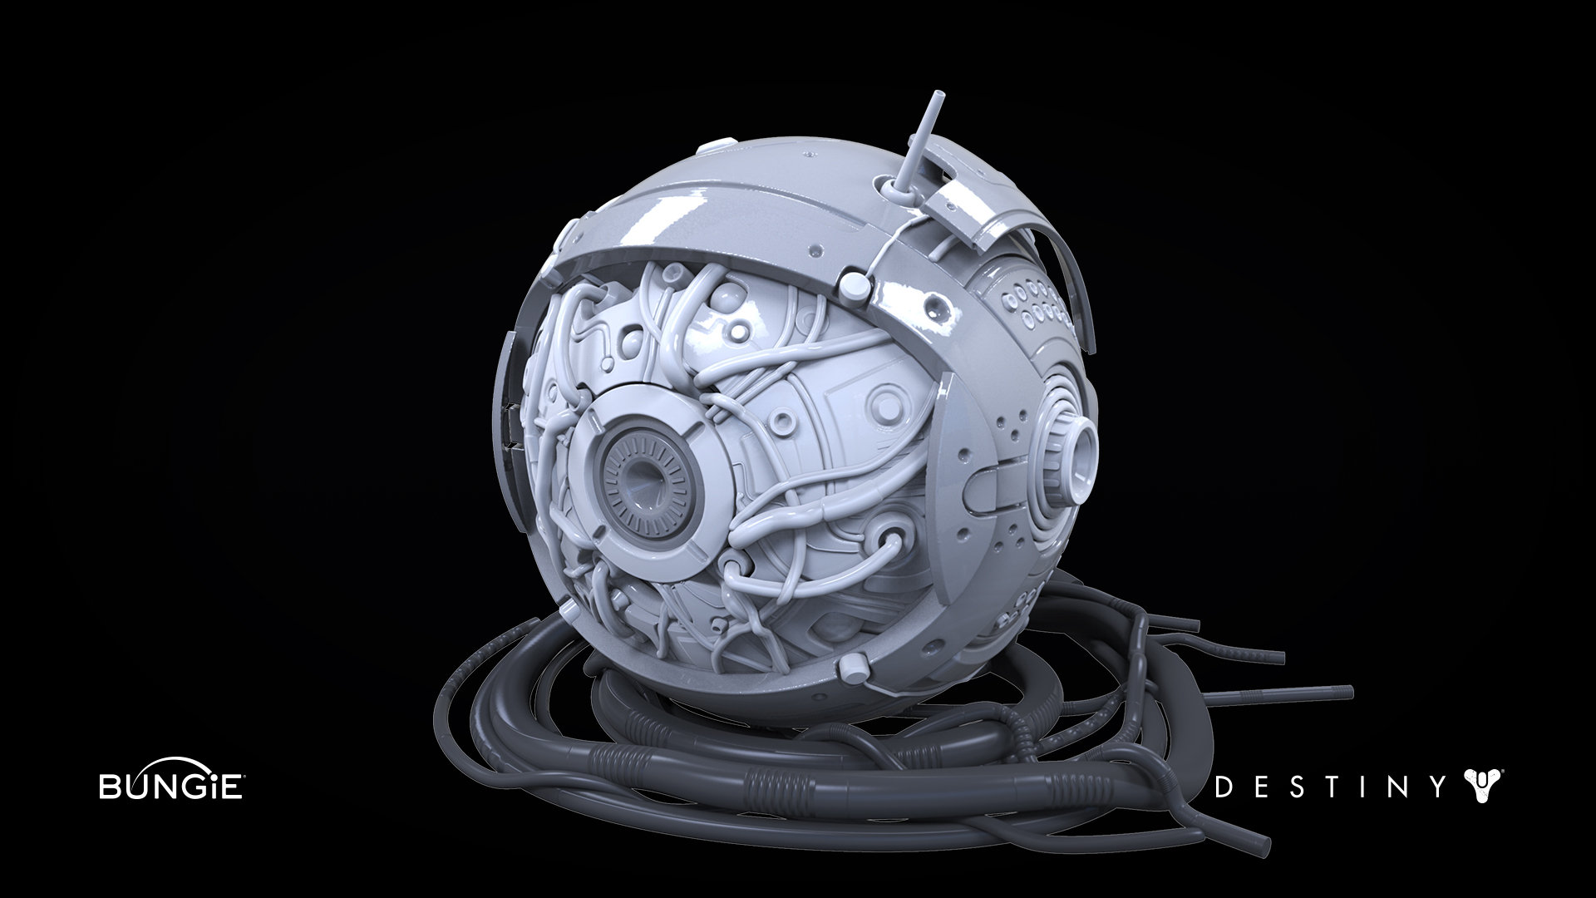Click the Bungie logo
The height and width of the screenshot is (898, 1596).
pos(171,781)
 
